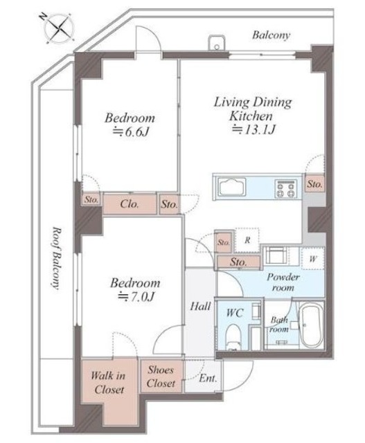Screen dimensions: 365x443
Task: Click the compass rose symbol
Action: (x=59, y=28)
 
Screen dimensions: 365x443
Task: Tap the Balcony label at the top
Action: (x=271, y=35)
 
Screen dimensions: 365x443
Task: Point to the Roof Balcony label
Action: (x=57, y=258)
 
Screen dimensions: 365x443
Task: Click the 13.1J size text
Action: (x=253, y=129)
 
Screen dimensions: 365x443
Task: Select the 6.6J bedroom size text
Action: (x=131, y=132)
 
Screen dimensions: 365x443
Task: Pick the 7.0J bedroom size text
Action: (x=136, y=297)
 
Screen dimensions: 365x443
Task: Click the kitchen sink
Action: (x=231, y=186)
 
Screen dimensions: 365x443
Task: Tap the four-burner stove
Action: (x=286, y=188)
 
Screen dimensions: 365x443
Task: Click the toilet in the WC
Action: (x=233, y=337)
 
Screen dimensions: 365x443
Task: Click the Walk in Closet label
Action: (x=109, y=383)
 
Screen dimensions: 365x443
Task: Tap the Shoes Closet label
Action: (x=161, y=377)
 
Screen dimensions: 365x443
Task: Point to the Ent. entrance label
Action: (x=208, y=379)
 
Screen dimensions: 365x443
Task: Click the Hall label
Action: (x=200, y=306)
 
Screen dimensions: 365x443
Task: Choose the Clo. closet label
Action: (x=130, y=204)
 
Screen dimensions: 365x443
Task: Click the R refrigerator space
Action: (x=247, y=240)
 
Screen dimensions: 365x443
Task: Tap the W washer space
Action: (x=312, y=259)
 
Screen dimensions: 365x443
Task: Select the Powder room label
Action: (x=283, y=282)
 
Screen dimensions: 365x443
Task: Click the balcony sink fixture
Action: (x=217, y=43)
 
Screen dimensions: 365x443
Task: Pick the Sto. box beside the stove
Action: (x=314, y=184)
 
